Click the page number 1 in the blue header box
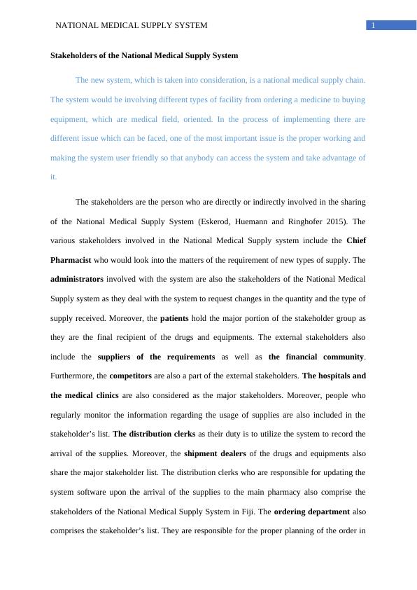(x=374, y=26)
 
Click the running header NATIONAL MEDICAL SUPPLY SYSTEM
(x=131, y=26)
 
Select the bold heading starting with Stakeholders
(x=144, y=55)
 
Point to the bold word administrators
(x=77, y=279)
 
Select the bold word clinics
(x=102, y=395)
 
